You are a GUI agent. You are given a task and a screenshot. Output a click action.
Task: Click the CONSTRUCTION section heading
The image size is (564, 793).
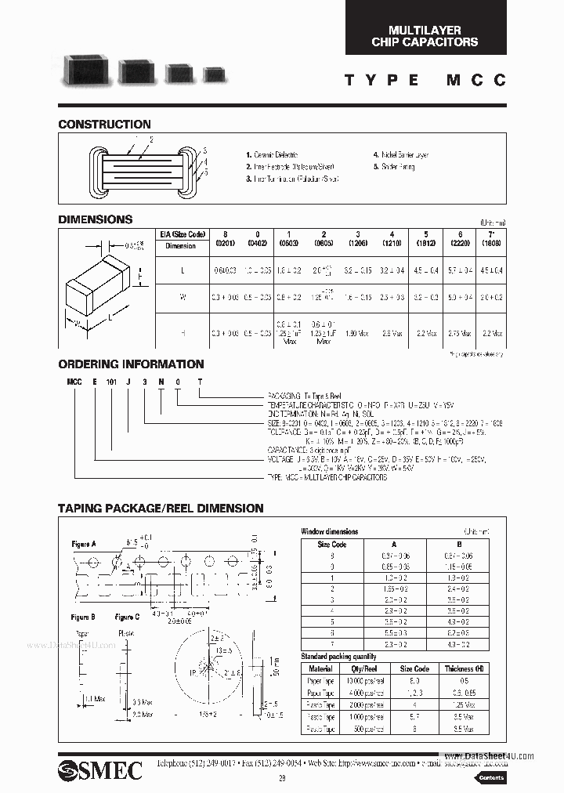pos(104,124)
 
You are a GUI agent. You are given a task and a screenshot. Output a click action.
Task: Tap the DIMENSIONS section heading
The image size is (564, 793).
pos(96,219)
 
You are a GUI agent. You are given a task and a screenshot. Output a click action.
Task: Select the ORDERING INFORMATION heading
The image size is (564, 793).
pos(131,364)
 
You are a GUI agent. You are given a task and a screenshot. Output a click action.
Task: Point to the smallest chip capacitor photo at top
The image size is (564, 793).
pos(213,75)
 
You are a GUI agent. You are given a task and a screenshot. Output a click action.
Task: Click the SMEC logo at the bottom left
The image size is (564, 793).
pos(99,769)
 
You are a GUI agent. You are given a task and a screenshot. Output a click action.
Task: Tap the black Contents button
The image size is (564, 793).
pos(490,777)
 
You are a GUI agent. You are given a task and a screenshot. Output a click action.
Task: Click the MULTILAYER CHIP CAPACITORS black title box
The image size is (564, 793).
pos(425,36)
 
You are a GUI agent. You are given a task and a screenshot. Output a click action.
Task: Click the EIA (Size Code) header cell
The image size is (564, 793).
pos(183,234)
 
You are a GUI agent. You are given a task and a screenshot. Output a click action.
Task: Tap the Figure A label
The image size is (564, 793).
pos(83,542)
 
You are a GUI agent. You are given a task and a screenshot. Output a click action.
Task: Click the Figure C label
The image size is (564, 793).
pos(127,617)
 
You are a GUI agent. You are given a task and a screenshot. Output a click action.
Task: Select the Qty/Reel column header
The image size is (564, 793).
pos(364,668)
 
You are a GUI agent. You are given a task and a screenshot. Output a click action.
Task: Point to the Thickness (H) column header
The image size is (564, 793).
pos(459,668)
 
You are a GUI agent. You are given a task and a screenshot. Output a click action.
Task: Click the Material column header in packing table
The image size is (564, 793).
pos(320,668)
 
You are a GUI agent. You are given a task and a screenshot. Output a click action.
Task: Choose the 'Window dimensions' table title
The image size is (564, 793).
pos(329,531)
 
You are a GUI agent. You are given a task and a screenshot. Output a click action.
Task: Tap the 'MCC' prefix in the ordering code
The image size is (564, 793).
pos(74,378)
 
